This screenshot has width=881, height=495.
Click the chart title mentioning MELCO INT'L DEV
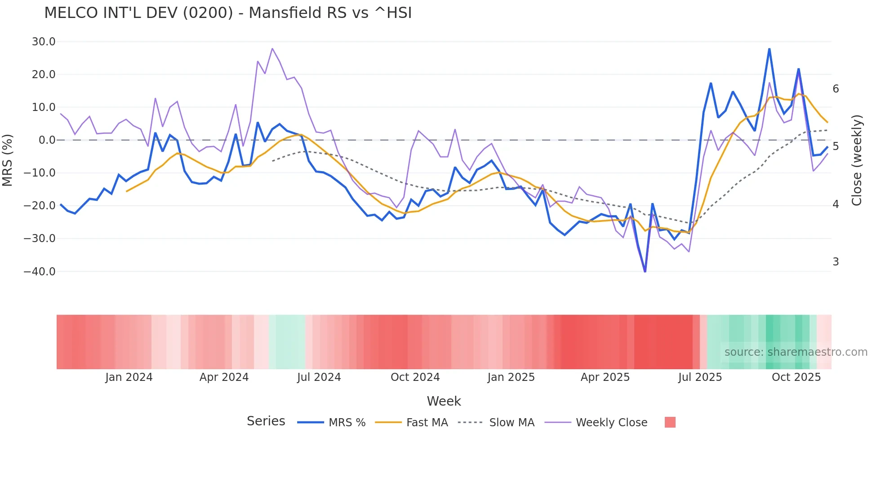click(x=228, y=13)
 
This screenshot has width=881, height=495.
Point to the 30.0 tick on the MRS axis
click(x=44, y=42)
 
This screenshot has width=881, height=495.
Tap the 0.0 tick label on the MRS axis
click(x=47, y=140)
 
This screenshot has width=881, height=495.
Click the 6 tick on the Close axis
click(x=836, y=89)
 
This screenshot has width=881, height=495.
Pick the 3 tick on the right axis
click(x=836, y=262)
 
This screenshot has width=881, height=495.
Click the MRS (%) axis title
click(x=8, y=160)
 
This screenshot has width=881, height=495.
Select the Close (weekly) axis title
click(x=857, y=160)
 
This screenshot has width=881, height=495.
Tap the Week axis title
click(x=444, y=401)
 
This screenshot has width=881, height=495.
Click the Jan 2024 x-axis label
click(x=129, y=377)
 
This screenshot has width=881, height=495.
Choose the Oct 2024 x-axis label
click(x=415, y=377)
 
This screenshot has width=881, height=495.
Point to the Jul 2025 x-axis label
click(x=700, y=377)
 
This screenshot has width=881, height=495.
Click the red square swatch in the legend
click(x=670, y=422)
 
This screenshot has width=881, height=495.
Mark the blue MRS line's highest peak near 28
click(x=769, y=49)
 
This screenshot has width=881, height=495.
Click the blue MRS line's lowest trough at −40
click(x=645, y=271)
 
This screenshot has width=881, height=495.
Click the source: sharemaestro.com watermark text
click(x=796, y=352)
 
